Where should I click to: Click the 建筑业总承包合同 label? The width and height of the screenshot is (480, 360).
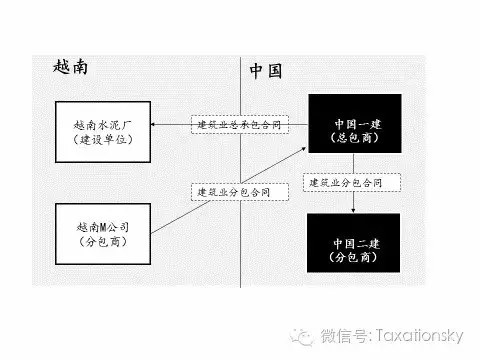237,125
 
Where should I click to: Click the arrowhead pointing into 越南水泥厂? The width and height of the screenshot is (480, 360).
156,125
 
